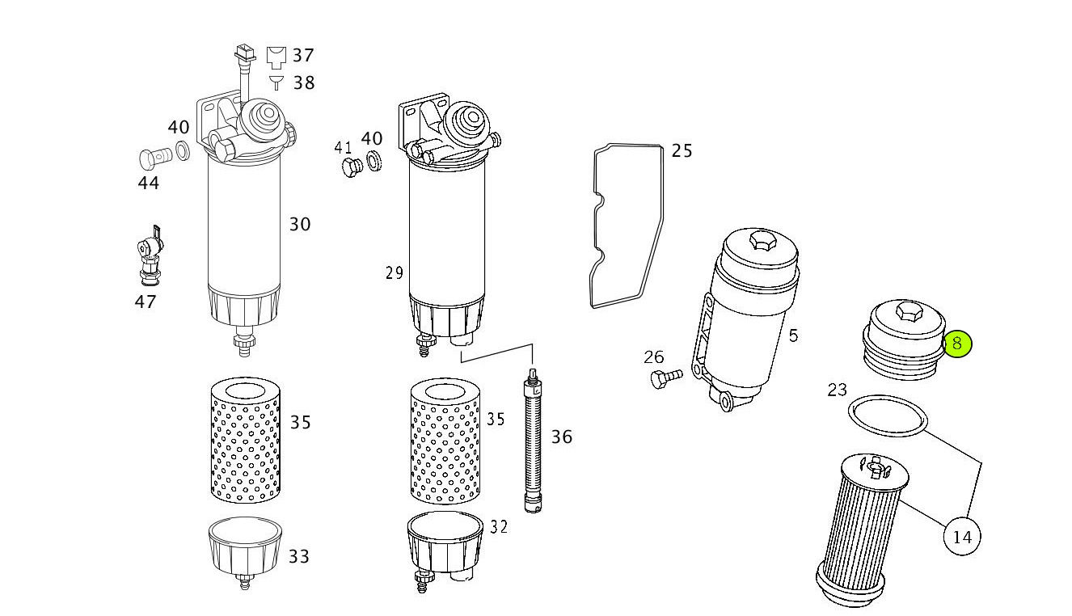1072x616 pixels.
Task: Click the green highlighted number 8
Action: pyautogui.click(x=957, y=344)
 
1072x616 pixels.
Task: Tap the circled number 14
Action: pyautogui.click(x=962, y=537)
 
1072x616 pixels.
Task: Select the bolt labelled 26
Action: pyautogui.click(x=666, y=378)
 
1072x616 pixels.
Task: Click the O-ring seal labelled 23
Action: pyautogui.click(x=888, y=416)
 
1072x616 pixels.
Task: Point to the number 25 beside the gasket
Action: pyautogui.click(x=682, y=151)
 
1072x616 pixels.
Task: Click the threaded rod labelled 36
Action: pyautogui.click(x=533, y=441)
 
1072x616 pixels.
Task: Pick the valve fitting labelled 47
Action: pyautogui.click(x=150, y=256)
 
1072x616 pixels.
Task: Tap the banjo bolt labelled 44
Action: pyautogui.click(x=155, y=158)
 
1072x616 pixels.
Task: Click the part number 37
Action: pyautogui.click(x=303, y=56)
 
